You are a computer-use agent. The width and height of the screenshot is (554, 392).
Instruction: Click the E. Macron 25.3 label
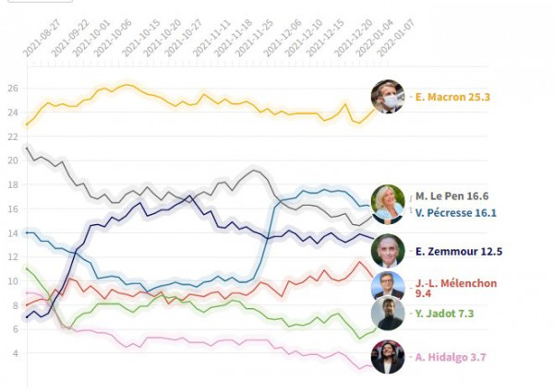coord(453,97)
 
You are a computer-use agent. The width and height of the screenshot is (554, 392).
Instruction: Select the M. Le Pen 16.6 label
coord(452,196)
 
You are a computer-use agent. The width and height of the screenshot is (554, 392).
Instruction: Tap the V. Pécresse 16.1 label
coord(456,213)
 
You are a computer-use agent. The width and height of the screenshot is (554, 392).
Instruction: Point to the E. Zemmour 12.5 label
coord(458,251)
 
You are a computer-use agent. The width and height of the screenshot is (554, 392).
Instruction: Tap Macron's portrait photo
coord(389,97)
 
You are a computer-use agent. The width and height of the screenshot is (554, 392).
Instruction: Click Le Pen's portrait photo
coord(388,204)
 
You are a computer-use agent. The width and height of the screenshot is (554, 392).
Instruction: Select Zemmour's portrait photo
coord(389,251)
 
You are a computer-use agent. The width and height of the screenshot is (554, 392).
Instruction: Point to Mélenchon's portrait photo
coord(389,286)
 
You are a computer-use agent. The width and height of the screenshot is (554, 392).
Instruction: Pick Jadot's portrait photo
coord(389,315)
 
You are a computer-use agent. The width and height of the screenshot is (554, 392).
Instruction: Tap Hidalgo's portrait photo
coord(389,357)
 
